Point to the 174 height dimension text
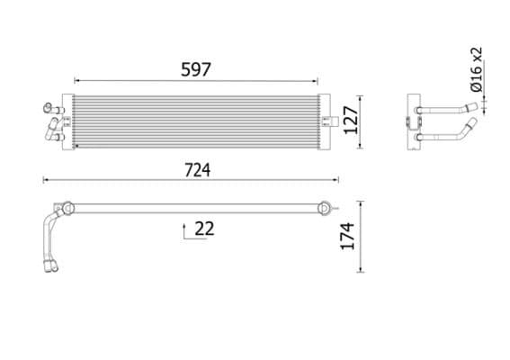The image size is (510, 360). pyautogui.click(x=349, y=235)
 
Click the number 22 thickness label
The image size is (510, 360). pyautogui.click(x=204, y=229)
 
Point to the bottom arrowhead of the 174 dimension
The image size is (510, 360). pyautogui.click(x=361, y=269)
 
